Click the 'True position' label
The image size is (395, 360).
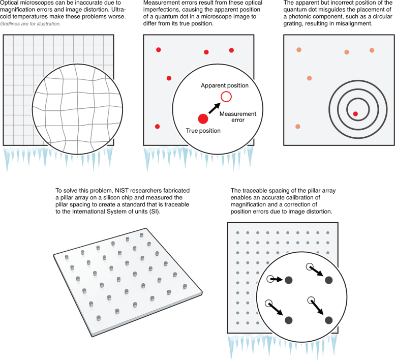[202, 131]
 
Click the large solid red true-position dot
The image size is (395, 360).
[203, 118]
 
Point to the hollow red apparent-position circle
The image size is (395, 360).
[226, 97]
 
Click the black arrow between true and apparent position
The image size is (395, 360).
[215, 107]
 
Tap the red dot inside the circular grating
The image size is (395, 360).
[355, 113]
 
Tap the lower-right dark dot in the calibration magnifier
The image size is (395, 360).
[328, 320]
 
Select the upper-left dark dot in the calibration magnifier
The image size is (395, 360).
[289, 280]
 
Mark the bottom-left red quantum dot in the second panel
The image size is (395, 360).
[158, 126]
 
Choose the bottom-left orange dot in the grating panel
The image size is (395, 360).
[297, 126]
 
